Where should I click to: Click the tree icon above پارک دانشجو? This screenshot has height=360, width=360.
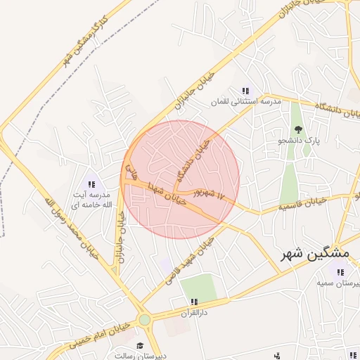[298, 129]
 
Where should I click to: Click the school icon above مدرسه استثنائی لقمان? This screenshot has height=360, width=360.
[245, 90]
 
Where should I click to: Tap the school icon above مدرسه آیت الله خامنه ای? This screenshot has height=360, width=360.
[91, 184]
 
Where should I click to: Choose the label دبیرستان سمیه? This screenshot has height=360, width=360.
[338, 283]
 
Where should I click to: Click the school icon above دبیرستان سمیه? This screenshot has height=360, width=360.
[340, 272]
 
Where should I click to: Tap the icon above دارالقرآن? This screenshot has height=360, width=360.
[193, 301]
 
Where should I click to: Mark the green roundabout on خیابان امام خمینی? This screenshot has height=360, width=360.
[145, 320]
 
